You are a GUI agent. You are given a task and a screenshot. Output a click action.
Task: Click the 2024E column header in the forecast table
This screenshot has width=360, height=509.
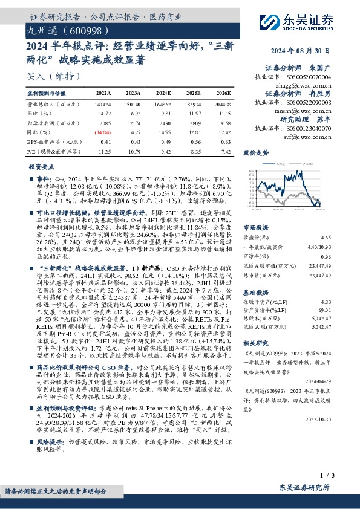click(x=162, y=93)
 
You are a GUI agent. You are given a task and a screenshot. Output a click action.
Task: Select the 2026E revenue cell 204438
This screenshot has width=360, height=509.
click(x=221, y=105)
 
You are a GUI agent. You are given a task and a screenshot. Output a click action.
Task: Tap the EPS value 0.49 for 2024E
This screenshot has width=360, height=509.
click(x=163, y=141)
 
